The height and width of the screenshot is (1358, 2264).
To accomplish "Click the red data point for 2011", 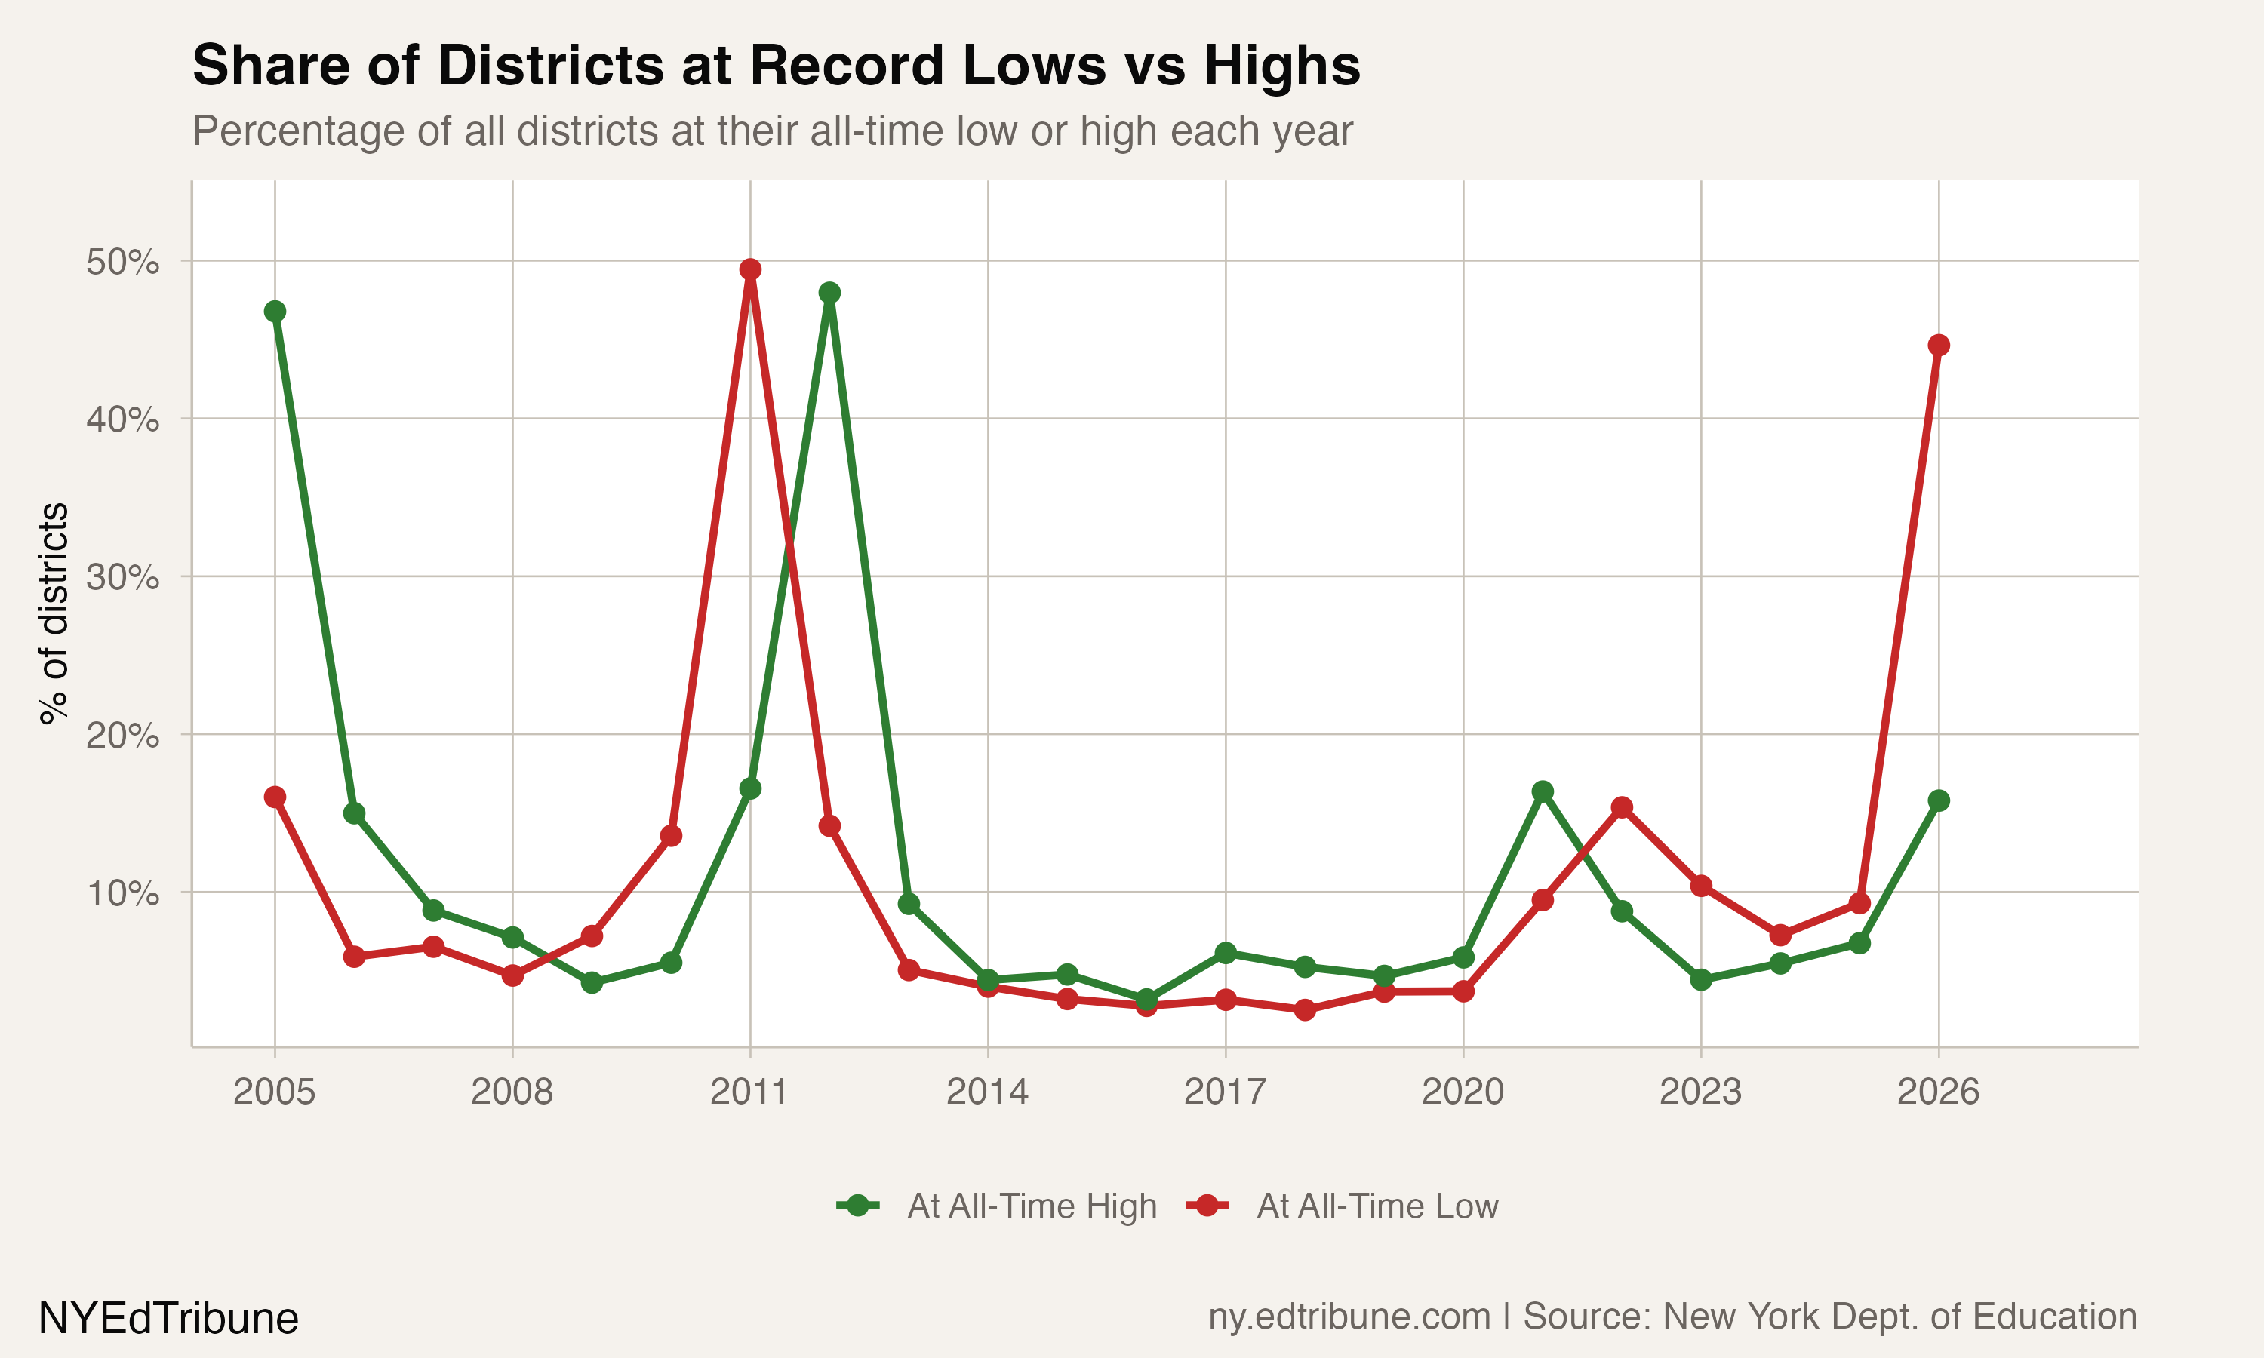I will point(750,269).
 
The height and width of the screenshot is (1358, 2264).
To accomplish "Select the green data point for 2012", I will point(829,293).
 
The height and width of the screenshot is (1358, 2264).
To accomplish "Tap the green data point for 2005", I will point(275,311).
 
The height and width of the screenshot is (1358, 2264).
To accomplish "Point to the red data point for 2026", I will point(1938,345).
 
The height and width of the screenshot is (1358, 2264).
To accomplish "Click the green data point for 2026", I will point(1938,800).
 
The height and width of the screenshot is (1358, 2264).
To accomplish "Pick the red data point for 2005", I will point(275,797).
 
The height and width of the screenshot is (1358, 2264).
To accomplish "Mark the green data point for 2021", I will point(1543,791).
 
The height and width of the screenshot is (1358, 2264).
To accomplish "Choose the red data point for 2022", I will point(1622,807).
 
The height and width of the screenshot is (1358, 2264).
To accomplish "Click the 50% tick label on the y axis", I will point(122,263).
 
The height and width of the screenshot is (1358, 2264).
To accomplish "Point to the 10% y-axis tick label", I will point(122,893).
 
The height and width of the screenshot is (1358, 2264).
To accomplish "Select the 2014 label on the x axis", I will point(987,1092).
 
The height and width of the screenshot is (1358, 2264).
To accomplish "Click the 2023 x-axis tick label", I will point(1700,1092).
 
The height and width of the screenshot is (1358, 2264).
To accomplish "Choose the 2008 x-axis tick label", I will point(512,1092).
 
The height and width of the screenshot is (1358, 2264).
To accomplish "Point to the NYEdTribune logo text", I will point(168,1319).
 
